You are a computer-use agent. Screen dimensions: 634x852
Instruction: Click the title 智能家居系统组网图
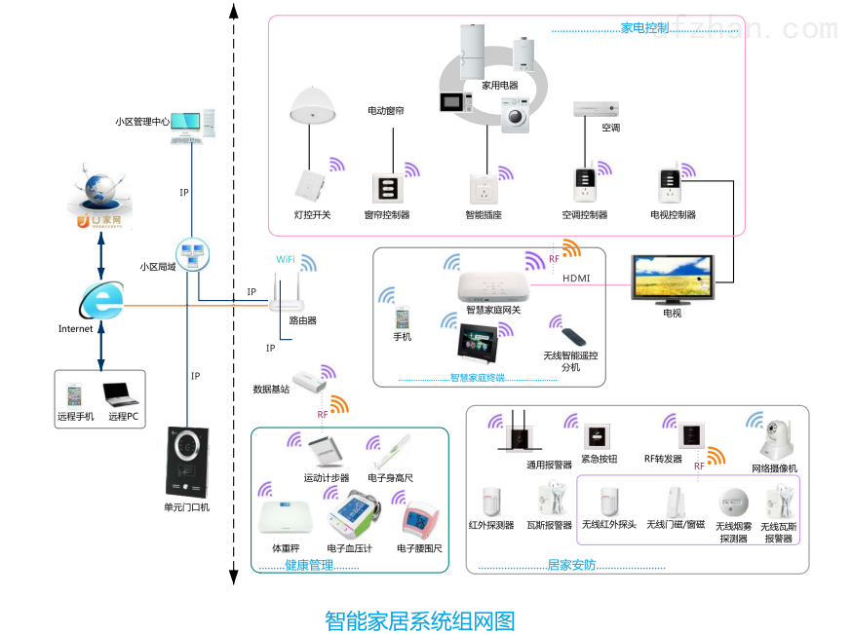(419, 620)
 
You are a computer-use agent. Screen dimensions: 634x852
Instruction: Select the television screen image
(672, 278)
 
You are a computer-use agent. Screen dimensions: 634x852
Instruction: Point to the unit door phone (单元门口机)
(185, 461)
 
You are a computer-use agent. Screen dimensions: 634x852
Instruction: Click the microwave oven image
(455, 102)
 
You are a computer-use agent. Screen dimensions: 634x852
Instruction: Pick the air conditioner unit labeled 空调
(595, 107)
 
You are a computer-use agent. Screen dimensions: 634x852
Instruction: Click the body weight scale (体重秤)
(283, 517)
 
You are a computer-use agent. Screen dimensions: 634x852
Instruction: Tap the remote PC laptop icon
(121, 393)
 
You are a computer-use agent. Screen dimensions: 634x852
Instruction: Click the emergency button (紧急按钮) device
(596, 435)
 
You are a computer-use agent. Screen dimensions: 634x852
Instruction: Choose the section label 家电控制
(644, 28)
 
